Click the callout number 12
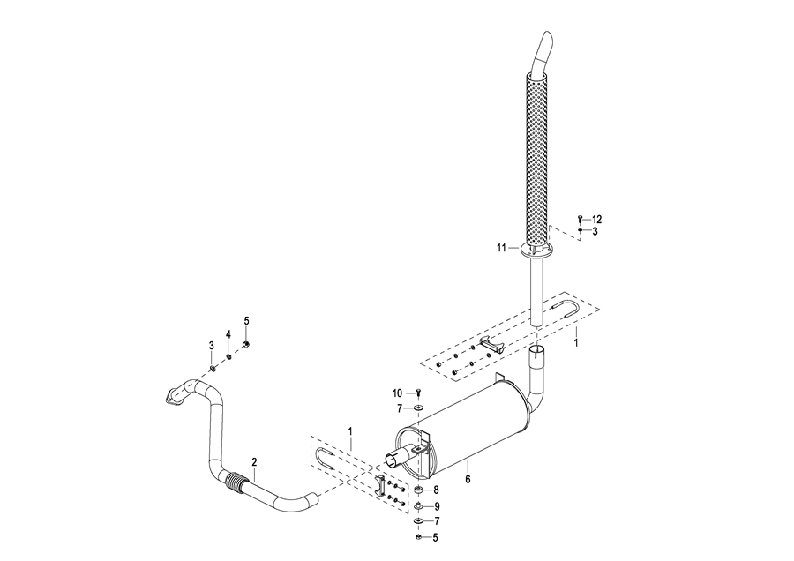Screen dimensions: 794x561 point(596,220)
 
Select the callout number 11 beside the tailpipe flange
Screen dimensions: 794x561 point(501,248)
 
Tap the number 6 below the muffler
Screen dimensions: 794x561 point(468,479)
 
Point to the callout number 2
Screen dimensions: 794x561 point(254,462)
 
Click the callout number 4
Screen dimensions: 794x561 point(228,334)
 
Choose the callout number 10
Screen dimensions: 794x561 point(398,393)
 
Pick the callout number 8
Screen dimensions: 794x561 point(436,490)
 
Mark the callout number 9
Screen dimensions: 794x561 point(437,506)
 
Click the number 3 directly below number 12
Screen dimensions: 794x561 point(595,231)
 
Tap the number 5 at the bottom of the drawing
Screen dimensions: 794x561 point(435,538)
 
